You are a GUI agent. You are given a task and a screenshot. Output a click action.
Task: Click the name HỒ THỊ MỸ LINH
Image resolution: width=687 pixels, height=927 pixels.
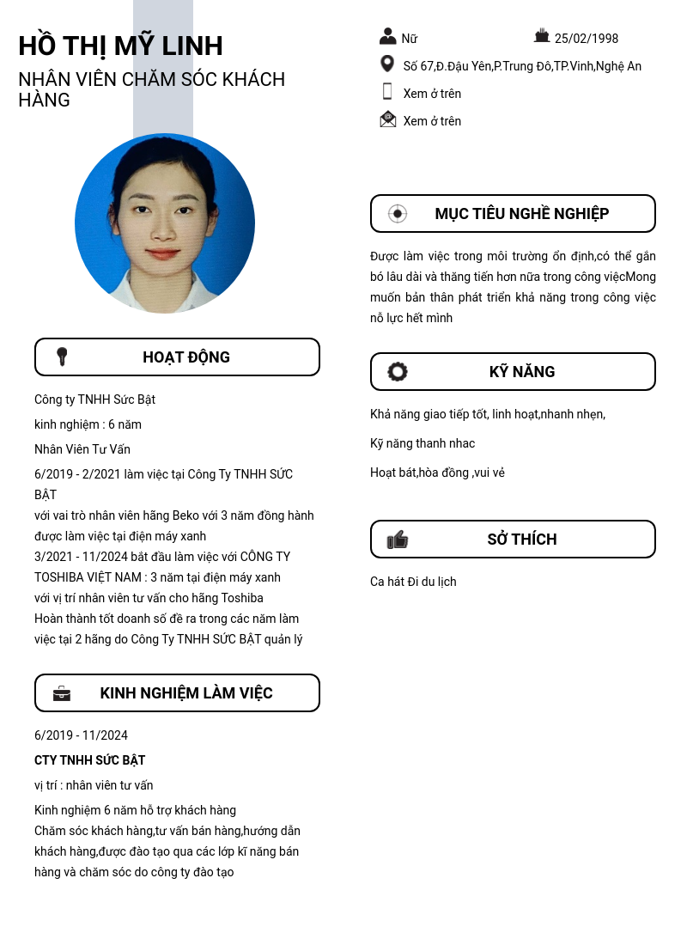pyautogui.click(x=120, y=46)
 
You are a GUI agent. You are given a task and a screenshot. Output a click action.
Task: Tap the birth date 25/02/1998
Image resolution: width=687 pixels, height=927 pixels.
pyautogui.click(x=587, y=39)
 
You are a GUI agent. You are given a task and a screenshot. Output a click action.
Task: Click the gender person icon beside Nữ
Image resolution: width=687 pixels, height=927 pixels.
pyautogui.click(x=388, y=36)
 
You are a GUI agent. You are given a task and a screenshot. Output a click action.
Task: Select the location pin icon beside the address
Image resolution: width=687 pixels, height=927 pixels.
pyautogui.click(x=387, y=64)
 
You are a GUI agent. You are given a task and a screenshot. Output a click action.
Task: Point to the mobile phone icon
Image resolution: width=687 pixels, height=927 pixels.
pyautogui.click(x=387, y=92)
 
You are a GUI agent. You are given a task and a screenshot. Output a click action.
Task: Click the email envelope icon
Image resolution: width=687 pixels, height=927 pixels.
pyautogui.click(x=388, y=119)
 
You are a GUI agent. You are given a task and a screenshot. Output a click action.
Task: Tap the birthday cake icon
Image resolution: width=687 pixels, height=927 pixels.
pyautogui.click(x=542, y=36)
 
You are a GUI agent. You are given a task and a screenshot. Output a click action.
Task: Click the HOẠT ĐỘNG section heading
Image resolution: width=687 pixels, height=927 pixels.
pyautogui.click(x=186, y=357)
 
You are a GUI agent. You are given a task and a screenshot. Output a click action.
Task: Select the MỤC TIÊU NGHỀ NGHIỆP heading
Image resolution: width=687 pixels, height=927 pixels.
pyautogui.click(x=521, y=214)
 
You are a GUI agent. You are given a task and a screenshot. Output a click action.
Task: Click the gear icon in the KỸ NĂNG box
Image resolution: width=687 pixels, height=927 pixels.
pyautogui.click(x=398, y=372)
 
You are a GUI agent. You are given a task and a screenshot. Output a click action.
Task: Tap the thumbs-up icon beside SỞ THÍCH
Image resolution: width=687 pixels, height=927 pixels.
pyautogui.click(x=398, y=540)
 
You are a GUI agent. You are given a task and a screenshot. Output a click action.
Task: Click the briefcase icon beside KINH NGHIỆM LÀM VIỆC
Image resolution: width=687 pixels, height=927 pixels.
pyautogui.click(x=62, y=693)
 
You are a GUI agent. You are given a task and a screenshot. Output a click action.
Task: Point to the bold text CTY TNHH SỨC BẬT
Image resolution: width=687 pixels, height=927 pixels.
pyautogui.click(x=90, y=760)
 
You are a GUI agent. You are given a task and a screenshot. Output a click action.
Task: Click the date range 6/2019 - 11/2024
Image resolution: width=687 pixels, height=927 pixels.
pyautogui.click(x=81, y=735)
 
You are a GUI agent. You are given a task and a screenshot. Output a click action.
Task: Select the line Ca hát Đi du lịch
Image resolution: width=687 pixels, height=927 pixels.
pyautogui.click(x=413, y=582)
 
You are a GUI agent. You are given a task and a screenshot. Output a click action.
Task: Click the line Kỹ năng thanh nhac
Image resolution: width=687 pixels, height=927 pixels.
pyautogui.click(x=423, y=443)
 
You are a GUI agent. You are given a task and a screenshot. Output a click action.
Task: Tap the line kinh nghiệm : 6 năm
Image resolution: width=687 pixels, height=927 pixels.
pyautogui.click(x=88, y=424)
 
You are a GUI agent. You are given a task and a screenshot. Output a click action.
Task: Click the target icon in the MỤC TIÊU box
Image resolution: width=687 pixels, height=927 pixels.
pyautogui.click(x=397, y=214)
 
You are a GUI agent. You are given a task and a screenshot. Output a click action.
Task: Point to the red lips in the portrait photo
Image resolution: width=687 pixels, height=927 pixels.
pyautogui.click(x=162, y=253)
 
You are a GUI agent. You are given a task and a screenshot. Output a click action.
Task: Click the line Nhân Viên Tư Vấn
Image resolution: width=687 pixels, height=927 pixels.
pyautogui.click(x=82, y=449)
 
